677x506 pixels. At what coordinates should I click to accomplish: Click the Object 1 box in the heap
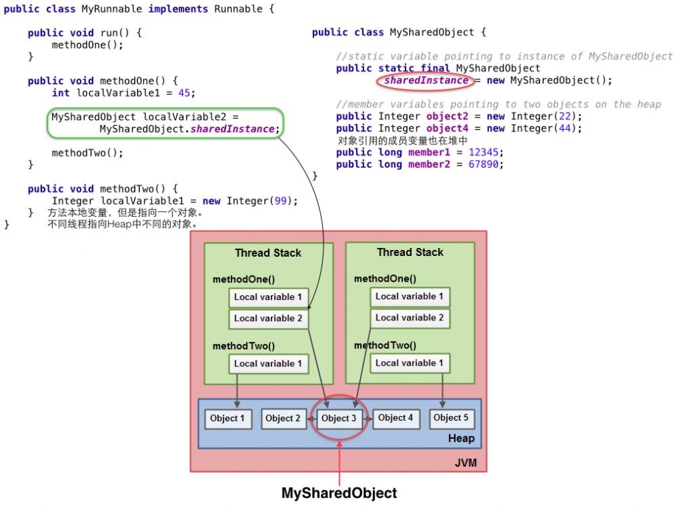point(227,419)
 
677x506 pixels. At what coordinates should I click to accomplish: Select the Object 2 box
point(284,419)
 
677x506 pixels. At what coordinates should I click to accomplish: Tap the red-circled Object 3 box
point(338,419)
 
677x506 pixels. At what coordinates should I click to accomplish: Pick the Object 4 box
point(395,418)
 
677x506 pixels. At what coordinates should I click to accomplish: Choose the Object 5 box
point(451,418)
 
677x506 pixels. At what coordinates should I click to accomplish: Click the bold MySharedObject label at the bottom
point(339,493)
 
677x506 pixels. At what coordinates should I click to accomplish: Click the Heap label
point(461,438)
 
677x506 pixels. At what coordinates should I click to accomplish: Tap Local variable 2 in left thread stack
point(268,318)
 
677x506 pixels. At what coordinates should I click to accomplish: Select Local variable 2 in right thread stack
point(410,318)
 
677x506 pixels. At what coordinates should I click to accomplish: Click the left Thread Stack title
point(268,253)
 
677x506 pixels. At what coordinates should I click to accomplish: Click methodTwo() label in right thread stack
point(385,345)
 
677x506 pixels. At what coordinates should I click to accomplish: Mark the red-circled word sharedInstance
point(426,81)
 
